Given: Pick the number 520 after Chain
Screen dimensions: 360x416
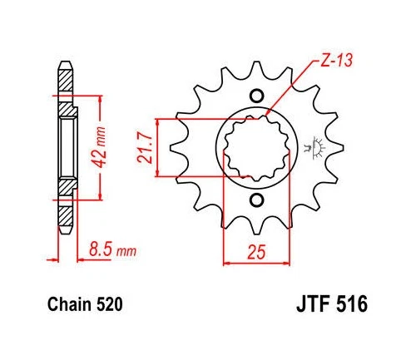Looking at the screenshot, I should click(x=109, y=306).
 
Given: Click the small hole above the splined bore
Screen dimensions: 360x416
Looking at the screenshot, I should click(x=255, y=93).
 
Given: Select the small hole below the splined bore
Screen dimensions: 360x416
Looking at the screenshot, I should click(x=255, y=200).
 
